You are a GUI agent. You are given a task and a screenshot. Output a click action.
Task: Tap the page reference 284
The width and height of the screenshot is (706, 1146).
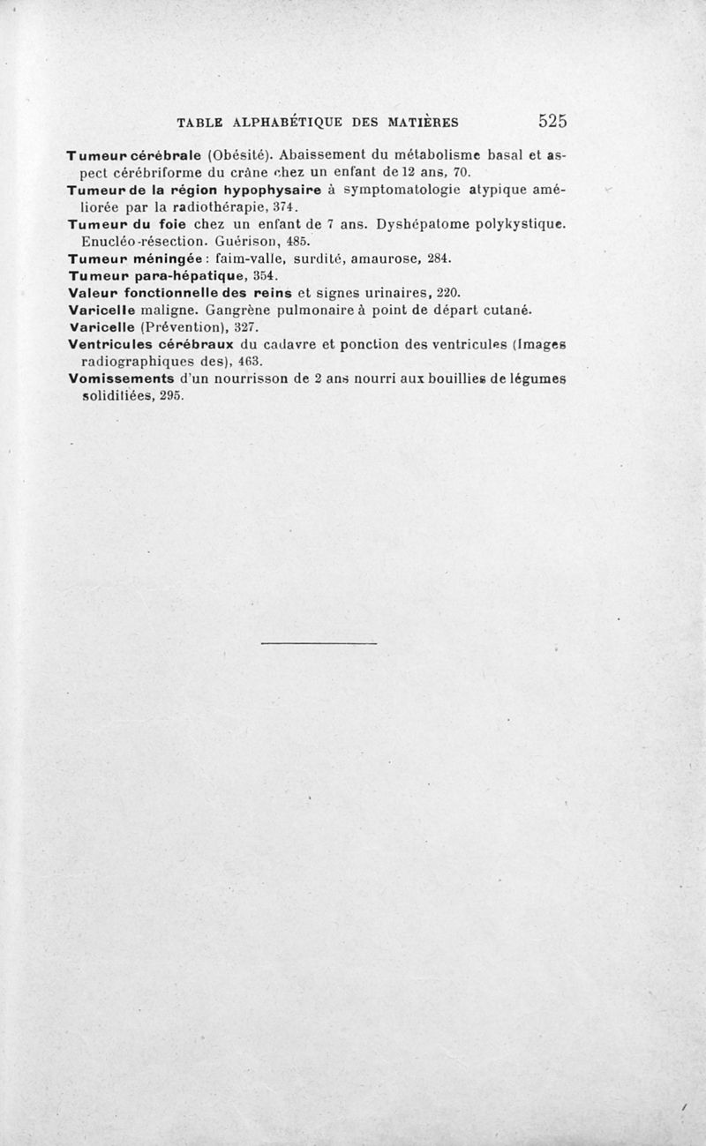(x=439, y=258)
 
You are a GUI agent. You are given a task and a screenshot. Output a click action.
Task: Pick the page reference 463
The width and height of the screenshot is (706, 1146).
(x=250, y=361)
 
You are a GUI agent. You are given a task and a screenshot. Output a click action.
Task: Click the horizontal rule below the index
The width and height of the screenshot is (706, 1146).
(x=319, y=643)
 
